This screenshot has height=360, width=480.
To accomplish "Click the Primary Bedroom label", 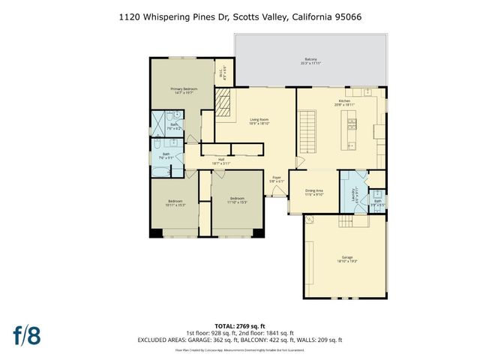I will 184,91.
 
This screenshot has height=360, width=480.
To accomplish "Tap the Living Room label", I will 259,121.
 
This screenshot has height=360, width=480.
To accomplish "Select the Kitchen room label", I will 344,103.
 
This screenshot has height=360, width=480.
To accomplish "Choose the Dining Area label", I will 313,192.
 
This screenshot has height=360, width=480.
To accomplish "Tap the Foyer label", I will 277,179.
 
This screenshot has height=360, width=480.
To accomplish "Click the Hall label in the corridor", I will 221,160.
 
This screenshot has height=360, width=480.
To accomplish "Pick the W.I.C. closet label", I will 223,73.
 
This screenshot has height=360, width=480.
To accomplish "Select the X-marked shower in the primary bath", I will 160,122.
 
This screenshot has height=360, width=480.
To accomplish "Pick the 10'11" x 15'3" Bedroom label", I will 175,203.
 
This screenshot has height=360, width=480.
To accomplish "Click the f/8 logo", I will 26,334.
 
